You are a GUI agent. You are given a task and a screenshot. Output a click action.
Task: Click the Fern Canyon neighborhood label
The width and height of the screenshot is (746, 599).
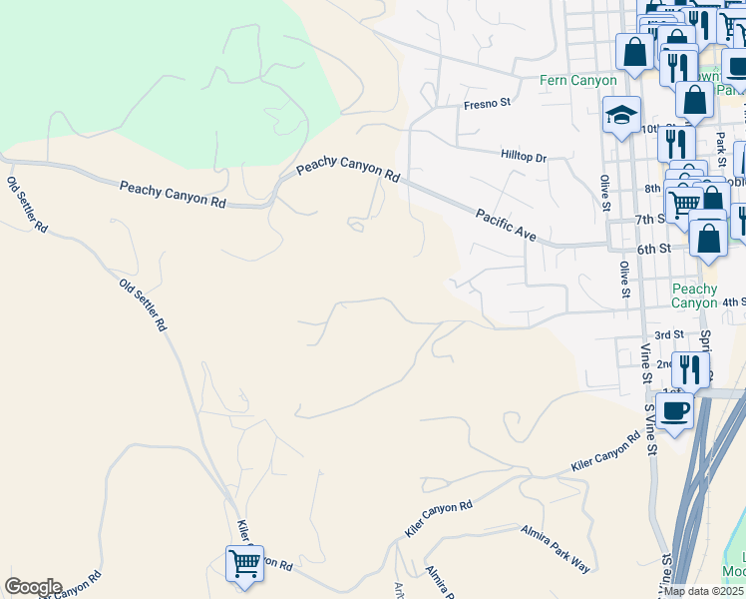point(577,80)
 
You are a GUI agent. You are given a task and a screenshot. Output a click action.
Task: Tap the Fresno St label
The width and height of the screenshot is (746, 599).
point(487,103)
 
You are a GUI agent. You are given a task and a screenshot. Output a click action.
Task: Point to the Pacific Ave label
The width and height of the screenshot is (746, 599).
point(507,226)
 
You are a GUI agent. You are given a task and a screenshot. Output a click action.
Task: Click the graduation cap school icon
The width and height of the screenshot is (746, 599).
point(620,115)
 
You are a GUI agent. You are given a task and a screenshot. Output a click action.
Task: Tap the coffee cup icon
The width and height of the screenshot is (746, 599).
point(674,409)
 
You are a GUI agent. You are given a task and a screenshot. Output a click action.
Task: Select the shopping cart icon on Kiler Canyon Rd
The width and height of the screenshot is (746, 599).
point(244,563)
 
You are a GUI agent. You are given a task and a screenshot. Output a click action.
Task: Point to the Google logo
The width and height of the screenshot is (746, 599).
point(33,587)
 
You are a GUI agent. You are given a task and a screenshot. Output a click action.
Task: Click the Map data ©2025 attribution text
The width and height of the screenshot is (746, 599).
point(703,591)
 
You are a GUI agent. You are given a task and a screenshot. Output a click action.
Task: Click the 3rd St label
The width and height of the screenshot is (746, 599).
point(668,334)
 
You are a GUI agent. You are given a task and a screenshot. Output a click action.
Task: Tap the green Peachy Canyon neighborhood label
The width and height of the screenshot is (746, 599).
point(694,296)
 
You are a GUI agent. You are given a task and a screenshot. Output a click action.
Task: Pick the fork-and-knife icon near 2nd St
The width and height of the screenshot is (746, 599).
point(690,368)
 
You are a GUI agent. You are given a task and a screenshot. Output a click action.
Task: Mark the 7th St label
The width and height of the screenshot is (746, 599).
point(649,220)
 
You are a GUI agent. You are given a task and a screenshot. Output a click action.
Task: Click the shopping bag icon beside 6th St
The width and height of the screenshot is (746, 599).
point(708,240)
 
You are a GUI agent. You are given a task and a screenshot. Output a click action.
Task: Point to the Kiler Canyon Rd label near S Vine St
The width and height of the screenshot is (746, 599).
point(605,452)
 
